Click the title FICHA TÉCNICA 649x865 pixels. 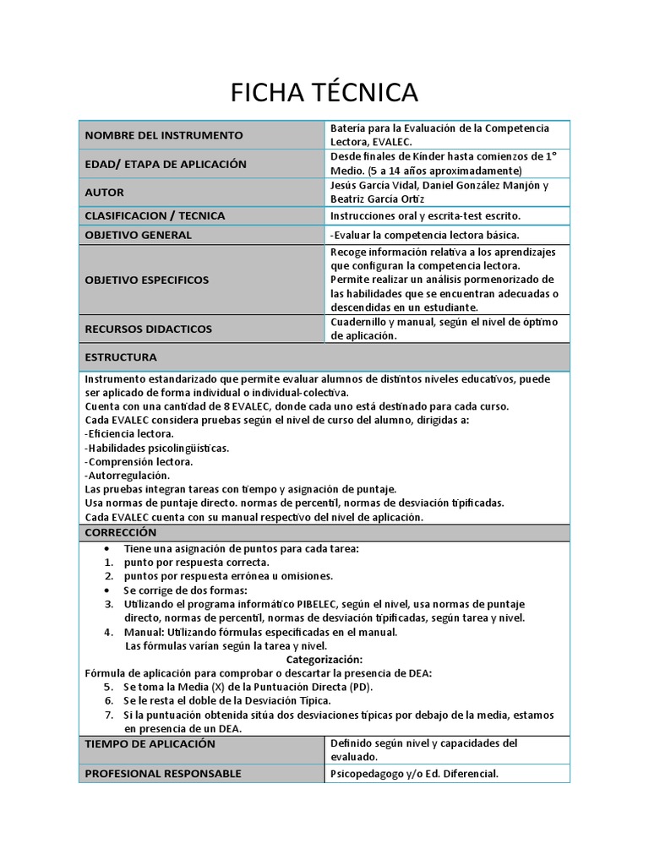click(324, 92)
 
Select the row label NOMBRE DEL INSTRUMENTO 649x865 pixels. click(163, 135)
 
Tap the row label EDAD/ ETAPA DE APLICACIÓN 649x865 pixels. click(166, 164)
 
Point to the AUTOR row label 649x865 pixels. click(104, 192)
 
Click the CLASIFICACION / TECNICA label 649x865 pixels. click(155, 215)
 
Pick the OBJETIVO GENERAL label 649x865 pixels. click(138, 235)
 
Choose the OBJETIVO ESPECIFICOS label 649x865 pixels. click(146, 280)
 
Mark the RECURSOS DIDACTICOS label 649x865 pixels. click(148, 329)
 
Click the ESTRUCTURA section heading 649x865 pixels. click(121, 357)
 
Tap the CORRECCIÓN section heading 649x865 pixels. click(121, 532)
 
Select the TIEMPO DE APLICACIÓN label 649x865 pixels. click(150, 743)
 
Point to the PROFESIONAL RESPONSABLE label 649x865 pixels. click(163, 773)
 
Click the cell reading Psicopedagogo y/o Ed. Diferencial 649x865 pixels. click(414, 774)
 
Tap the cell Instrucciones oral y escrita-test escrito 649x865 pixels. click(425, 216)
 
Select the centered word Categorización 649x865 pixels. click(324, 659)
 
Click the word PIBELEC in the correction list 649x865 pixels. click(317, 604)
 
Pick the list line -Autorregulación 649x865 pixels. click(128, 476)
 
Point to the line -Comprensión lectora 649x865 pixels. click(139, 462)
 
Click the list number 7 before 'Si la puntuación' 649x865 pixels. click(109, 715)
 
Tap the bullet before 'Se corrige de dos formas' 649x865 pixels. click(109, 590)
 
